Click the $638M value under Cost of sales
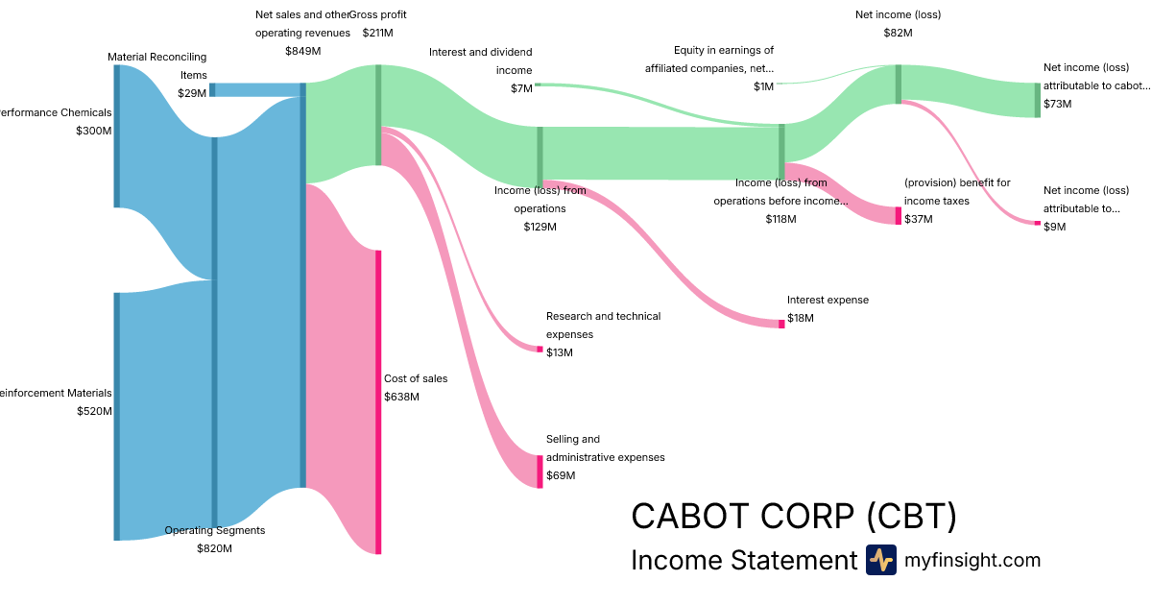click(x=401, y=397)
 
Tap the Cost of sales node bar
click(x=378, y=401)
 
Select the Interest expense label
click(x=828, y=300)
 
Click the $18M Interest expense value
click(x=800, y=318)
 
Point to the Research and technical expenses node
click(x=540, y=349)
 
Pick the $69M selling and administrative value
click(x=561, y=475)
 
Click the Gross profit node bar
click(x=378, y=114)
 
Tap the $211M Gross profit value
click(x=377, y=33)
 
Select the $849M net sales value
click(x=302, y=50)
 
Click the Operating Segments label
click(x=214, y=530)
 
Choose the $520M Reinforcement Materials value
click(x=94, y=411)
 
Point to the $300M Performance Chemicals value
click(x=94, y=131)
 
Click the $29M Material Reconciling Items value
click(x=192, y=93)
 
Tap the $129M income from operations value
click(x=540, y=227)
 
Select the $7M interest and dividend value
click(x=521, y=88)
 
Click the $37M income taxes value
click(x=919, y=219)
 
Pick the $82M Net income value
click(x=898, y=33)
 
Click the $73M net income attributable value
click(x=1058, y=104)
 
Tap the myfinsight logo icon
click(x=880, y=560)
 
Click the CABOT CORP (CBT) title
click(x=794, y=517)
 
